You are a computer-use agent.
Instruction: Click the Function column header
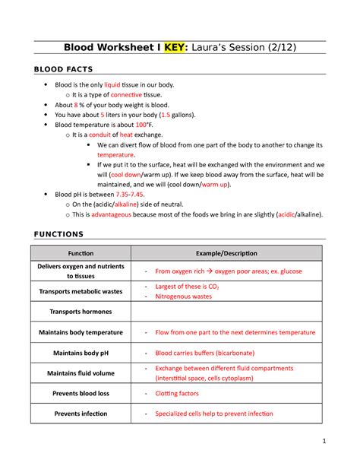(81, 253)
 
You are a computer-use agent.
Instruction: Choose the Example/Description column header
(226, 253)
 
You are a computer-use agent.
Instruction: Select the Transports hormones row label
(81, 312)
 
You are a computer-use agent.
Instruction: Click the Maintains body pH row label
(81, 353)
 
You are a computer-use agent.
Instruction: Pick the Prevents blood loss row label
(81, 393)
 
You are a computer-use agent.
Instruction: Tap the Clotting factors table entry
(177, 393)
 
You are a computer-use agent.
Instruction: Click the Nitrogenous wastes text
(183, 296)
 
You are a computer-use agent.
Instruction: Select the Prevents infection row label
(81, 414)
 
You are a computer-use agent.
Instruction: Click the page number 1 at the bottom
(324, 441)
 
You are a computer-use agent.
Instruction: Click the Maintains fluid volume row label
(81, 373)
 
